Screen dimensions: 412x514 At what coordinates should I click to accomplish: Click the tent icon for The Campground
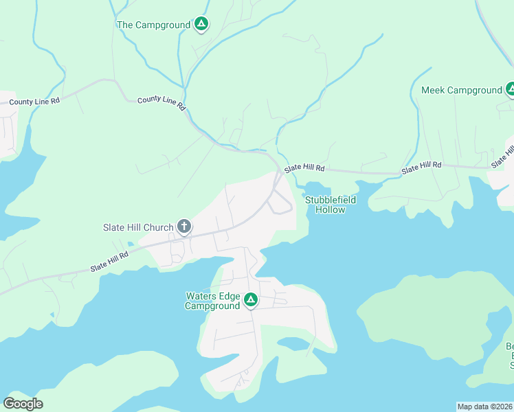(x=201, y=25)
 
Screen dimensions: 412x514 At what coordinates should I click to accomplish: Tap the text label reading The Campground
(x=153, y=25)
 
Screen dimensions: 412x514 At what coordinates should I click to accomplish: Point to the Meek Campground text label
(x=462, y=90)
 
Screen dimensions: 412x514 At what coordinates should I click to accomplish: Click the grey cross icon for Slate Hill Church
(x=183, y=226)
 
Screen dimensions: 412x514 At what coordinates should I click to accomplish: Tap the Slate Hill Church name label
(x=138, y=227)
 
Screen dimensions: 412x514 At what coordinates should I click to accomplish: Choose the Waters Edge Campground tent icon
(x=252, y=300)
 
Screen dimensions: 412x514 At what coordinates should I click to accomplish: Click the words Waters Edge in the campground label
(x=213, y=296)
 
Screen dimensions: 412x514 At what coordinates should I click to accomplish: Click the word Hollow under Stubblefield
(x=330, y=209)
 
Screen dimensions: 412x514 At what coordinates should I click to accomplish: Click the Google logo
(x=23, y=403)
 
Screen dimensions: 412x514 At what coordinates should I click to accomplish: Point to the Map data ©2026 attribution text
(x=484, y=406)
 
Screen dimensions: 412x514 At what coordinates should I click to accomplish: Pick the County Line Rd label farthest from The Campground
(x=34, y=101)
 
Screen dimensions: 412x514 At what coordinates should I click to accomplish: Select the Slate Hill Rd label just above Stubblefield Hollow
(x=304, y=168)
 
